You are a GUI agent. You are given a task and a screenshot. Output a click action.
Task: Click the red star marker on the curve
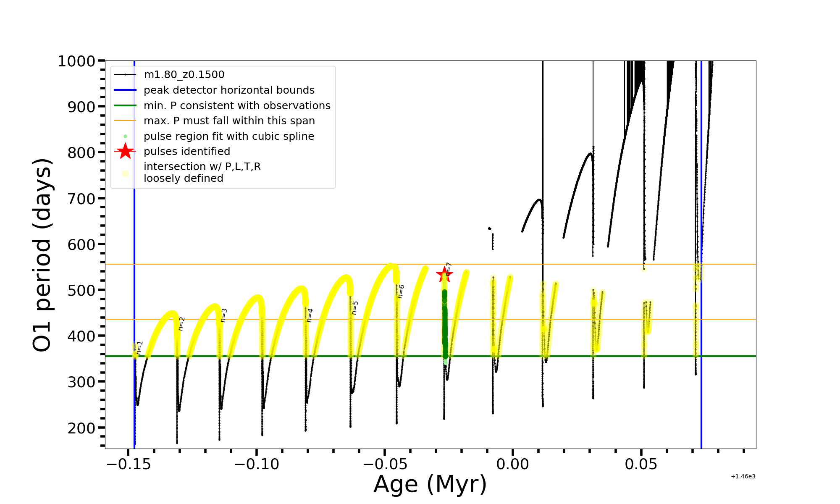click(x=444, y=275)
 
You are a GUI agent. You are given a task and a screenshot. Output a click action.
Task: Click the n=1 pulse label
click(x=140, y=348)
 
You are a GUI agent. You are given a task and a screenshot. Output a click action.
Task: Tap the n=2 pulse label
click(x=181, y=323)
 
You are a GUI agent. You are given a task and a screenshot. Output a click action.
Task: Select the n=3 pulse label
click(x=224, y=315)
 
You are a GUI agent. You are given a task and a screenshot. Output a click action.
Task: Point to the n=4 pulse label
click(x=310, y=315)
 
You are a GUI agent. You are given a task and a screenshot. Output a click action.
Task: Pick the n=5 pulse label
click(x=355, y=308)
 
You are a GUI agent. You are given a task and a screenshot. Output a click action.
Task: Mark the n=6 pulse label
click(x=401, y=291)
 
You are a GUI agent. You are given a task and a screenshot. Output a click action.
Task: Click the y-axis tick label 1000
click(x=76, y=61)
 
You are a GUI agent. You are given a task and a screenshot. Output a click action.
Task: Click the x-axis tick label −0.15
click(x=128, y=464)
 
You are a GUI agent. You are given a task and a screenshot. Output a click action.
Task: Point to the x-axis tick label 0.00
click(x=512, y=464)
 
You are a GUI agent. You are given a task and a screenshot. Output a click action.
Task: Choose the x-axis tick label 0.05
click(x=641, y=464)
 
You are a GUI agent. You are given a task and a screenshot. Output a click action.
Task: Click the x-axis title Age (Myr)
click(x=430, y=484)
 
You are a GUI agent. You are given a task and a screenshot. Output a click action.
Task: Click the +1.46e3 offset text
click(x=743, y=477)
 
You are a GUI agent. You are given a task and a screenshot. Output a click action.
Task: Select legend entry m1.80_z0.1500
click(x=184, y=75)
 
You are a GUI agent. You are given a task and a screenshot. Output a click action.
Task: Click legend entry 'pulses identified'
click(x=187, y=152)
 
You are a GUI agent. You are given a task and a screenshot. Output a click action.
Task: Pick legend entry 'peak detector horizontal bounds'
click(x=229, y=90)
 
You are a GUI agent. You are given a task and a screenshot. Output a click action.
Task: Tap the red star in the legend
click(x=125, y=152)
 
